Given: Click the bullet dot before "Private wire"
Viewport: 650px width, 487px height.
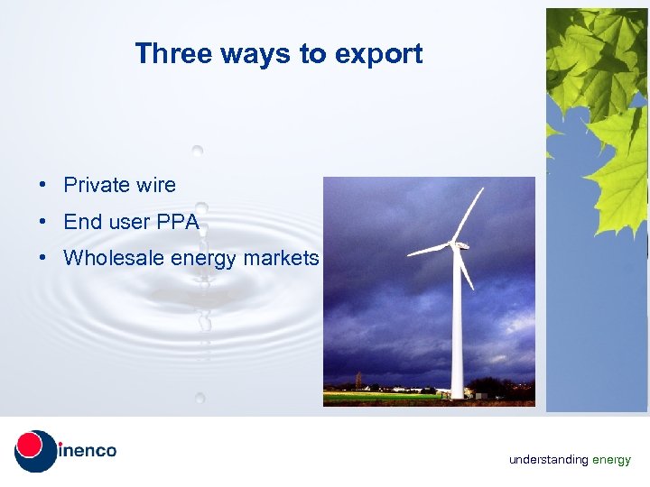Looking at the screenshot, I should point(43,186).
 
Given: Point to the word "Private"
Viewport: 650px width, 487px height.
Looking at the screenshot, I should point(97,186).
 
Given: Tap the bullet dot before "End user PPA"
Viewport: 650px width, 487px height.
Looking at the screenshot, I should point(43,222).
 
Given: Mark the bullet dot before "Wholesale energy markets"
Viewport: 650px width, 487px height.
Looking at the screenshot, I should point(43,259).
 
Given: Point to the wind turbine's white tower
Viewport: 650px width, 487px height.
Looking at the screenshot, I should point(457,334).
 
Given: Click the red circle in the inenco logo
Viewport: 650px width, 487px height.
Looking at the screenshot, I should point(31,446).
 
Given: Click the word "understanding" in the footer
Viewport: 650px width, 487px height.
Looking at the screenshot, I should point(548,460).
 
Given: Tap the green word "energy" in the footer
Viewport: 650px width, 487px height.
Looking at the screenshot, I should point(611,460).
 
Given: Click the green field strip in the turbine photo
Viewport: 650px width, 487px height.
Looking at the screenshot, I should point(379,396).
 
